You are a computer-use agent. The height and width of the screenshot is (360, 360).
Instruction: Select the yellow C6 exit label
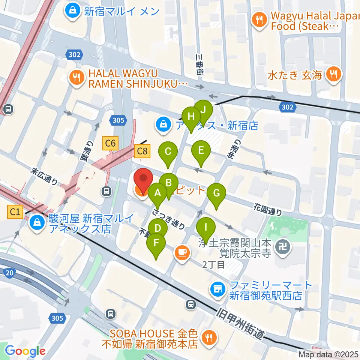[x=111, y=143]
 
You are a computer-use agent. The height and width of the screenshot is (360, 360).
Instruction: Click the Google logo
[x=25, y=351]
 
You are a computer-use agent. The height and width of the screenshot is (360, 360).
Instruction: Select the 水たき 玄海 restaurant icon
[x=333, y=74]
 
